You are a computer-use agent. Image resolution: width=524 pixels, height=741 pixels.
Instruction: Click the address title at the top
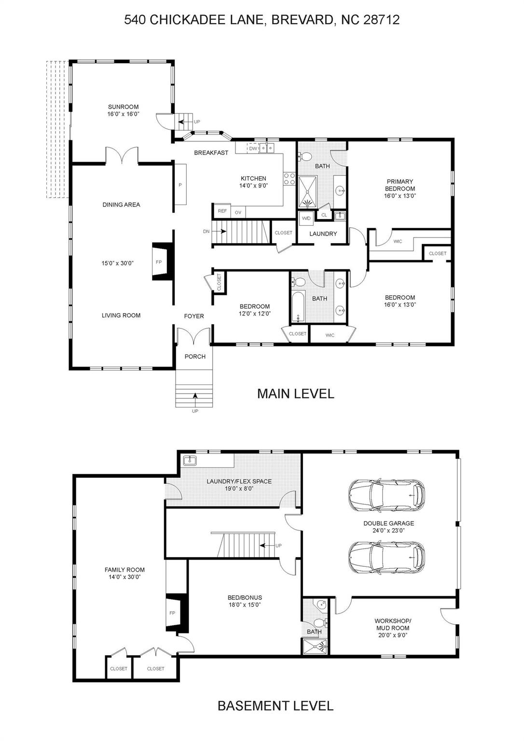[x=262, y=20]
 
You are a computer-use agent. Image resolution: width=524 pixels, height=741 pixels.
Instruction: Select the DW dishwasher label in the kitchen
[x=253, y=149]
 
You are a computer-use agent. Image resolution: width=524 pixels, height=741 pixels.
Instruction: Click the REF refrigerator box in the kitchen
[x=222, y=211]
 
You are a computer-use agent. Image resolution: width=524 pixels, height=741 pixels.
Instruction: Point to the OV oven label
[x=238, y=212]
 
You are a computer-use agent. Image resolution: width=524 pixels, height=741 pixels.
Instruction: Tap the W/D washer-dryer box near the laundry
[x=306, y=218]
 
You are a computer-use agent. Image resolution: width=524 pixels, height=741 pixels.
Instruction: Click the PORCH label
[x=195, y=357]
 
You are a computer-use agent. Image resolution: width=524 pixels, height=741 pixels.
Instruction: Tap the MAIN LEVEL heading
[x=295, y=394]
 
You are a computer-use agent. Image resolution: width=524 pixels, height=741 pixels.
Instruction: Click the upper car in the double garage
[x=386, y=495]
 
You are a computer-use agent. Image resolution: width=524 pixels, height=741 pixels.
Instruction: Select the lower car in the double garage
[x=386, y=557]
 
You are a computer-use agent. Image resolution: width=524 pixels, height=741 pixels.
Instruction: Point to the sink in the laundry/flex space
[x=190, y=460]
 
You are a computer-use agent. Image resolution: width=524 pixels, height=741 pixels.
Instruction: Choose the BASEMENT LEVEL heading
[x=276, y=706]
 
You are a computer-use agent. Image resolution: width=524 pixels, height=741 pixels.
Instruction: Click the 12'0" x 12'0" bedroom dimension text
[x=255, y=314]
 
